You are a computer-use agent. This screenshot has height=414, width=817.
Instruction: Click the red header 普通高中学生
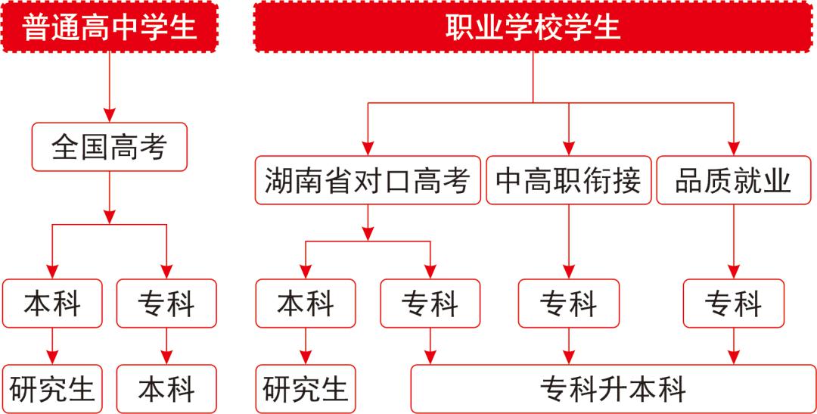(x=110, y=26)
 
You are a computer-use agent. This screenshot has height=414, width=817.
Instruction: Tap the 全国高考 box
(x=109, y=147)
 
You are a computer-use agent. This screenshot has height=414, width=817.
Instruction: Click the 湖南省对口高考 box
(x=368, y=180)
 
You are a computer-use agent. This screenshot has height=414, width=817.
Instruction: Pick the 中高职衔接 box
(x=568, y=180)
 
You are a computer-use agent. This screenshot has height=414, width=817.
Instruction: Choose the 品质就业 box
(x=733, y=180)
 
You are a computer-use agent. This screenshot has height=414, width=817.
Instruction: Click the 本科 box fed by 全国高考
(x=52, y=303)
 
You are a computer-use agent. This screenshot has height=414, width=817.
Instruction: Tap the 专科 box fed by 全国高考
(x=166, y=303)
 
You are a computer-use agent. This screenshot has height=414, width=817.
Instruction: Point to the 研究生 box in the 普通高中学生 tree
(x=52, y=389)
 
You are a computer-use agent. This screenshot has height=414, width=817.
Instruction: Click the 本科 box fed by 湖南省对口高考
(x=305, y=303)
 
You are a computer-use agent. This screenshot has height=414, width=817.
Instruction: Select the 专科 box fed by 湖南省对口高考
(x=430, y=303)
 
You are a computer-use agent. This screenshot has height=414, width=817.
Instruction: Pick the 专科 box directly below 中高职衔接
(x=568, y=303)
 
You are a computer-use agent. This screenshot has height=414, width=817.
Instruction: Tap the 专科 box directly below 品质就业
(x=733, y=303)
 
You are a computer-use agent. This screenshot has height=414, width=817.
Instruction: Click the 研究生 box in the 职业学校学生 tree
(x=305, y=389)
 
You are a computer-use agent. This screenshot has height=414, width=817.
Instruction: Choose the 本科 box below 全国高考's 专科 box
(x=166, y=389)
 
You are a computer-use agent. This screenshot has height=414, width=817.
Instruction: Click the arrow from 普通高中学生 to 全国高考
(x=110, y=87)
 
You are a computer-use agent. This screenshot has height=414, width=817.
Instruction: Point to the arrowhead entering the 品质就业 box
(x=733, y=148)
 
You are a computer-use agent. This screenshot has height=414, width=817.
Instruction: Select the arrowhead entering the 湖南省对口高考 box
(x=368, y=148)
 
